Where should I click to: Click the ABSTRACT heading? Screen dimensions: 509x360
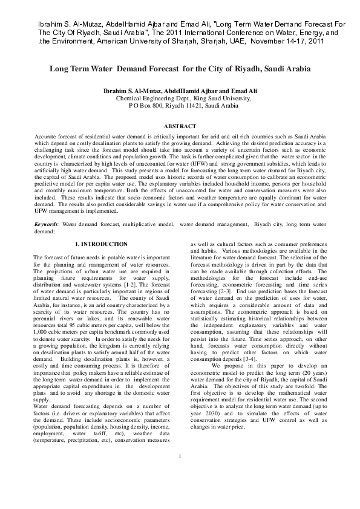click(180, 126)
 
